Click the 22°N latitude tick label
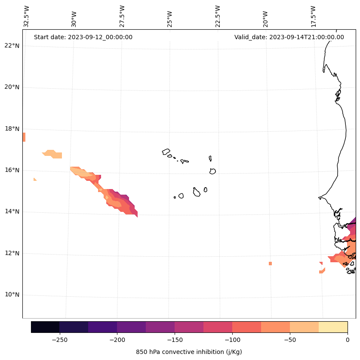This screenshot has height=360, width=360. (12, 46)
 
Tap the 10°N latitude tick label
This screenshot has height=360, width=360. (12, 295)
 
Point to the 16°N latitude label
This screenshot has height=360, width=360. (12, 170)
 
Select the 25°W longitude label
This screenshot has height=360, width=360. (170, 16)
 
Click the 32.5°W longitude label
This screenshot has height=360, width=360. (27, 16)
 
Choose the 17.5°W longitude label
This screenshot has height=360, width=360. (314, 16)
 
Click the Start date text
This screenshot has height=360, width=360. (83, 37)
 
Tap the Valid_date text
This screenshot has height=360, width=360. (289, 37)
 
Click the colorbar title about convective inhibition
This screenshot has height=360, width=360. (189, 352)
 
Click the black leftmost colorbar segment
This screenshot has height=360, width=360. (45, 327)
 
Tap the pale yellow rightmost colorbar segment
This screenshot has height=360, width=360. (333, 327)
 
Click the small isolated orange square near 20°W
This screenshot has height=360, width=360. (270, 264)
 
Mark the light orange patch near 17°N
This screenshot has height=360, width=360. (52, 154)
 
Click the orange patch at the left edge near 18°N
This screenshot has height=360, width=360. (24, 137)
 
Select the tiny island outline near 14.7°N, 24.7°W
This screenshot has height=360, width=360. (175, 197)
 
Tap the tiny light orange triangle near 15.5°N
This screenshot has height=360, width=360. (35, 179)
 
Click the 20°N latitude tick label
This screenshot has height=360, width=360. (12, 87)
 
